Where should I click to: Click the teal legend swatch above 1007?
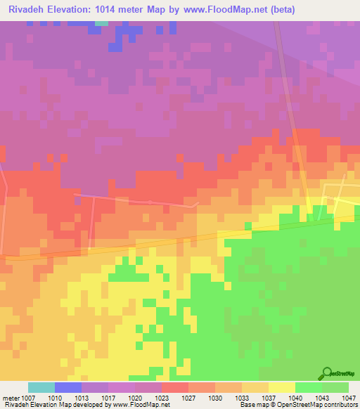[x=41, y=387]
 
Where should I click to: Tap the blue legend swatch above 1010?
[x=68, y=387]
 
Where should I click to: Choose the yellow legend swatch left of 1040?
[x=282, y=387]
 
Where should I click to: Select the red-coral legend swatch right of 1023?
[x=175, y=387]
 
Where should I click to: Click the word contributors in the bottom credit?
[x=340, y=405]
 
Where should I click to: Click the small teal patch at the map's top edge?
[x=102, y=22]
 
